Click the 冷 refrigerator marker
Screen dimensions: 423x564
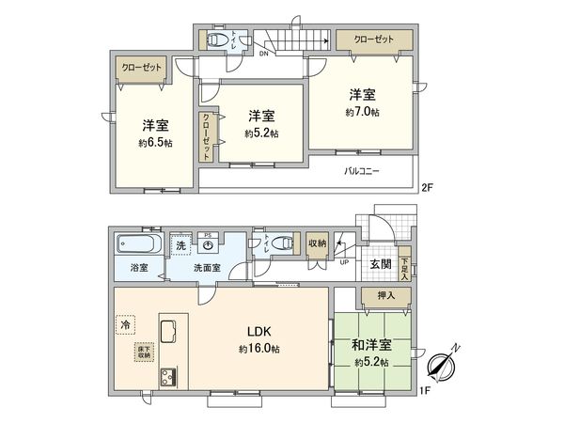[125, 324]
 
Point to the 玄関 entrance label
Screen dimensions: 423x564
[380, 264]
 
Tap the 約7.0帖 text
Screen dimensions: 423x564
[361, 112]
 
